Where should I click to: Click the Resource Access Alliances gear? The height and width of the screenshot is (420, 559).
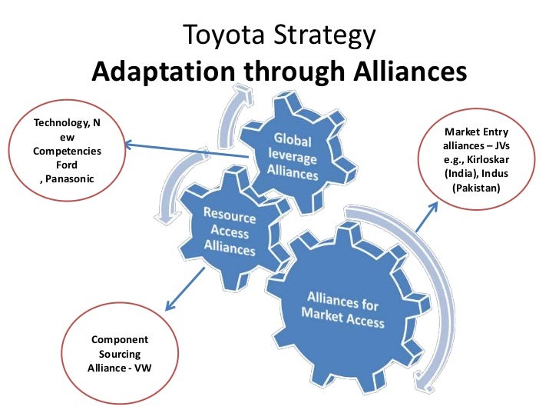(x=230, y=230)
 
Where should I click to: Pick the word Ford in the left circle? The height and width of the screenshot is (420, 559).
(x=68, y=165)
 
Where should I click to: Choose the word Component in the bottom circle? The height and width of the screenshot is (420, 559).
(x=120, y=338)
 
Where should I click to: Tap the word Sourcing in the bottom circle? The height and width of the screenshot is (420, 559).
(x=120, y=352)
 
